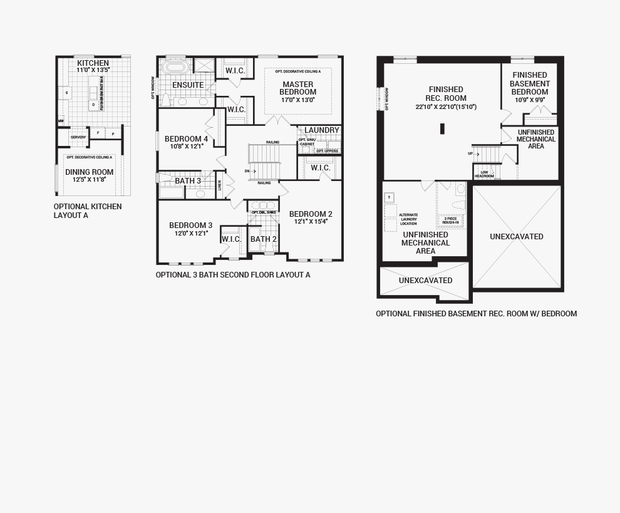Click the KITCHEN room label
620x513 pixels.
[x=93, y=63]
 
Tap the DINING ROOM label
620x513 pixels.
[x=90, y=172]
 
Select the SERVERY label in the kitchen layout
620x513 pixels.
[x=78, y=137]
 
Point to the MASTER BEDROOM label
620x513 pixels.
[x=298, y=88]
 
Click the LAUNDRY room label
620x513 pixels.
[x=322, y=130]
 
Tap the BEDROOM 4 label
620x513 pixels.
[x=187, y=139]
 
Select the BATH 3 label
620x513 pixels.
[x=188, y=181]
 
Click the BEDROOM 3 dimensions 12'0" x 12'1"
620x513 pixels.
[x=190, y=234]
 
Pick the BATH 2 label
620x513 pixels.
[x=264, y=239]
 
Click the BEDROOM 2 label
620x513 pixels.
[x=311, y=214]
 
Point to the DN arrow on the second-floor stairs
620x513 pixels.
[x=251, y=170]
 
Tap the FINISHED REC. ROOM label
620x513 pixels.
[x=446, y=94]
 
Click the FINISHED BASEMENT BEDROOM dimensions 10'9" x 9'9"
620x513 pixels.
[x=530, y=100]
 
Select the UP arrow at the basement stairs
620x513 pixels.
[x=473, y=153]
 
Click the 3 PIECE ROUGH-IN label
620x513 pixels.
[x=451, y=220]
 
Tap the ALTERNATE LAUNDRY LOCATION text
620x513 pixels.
[x=408, y=219]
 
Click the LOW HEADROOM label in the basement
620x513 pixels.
[x=484, y=174]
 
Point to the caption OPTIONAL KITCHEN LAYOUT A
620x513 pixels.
[x=88, y=210]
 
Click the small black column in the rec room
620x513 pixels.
[x=442, y=129]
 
